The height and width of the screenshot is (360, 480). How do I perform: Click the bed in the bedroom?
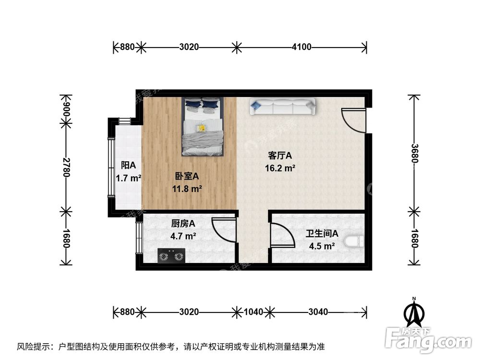(x=203, y=127)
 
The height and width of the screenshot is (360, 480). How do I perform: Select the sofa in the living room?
(x=282, y=107)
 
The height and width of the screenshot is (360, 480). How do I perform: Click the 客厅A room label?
(x=280, y=156)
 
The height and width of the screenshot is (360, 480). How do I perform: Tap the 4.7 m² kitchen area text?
(x=182, y=236)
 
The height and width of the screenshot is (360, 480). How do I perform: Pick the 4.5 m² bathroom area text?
(x=322, y=246)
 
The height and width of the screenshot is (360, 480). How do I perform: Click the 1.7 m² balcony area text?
(x=128, y=179)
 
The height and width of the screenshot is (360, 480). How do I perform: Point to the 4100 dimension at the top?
(x=301, y=47)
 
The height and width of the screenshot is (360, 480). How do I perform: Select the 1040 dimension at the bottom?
(x=253, y=312)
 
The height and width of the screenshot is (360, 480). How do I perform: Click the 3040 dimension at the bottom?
(x=318, y=312)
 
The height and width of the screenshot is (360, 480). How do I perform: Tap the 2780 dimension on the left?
(x=66, y=168)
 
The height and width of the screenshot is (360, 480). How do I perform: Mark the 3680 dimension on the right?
(x=414, y=152)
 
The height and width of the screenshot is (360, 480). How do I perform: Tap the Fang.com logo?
(x=430, y=340)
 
